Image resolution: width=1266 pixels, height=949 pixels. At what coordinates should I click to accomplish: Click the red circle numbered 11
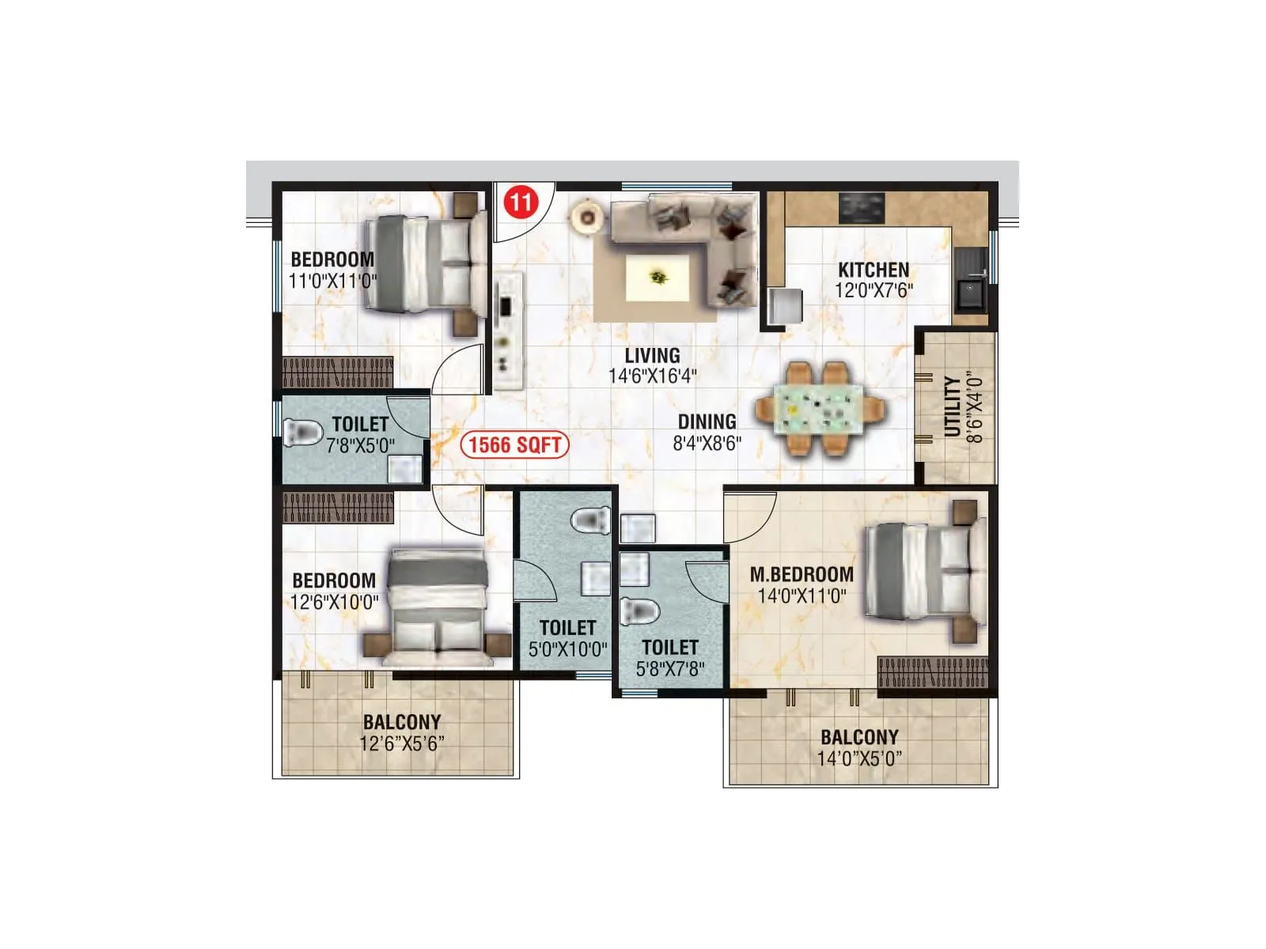point(520,202)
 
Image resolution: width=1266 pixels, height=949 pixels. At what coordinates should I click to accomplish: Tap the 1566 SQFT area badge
point(514,444)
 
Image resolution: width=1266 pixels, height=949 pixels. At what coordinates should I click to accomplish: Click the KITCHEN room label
point(873,269)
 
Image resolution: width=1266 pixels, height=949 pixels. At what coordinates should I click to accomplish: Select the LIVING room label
point(652,355)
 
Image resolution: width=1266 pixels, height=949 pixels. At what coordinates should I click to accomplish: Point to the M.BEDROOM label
point(801,574)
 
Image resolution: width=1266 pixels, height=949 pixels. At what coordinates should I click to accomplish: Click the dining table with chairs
point(819,409)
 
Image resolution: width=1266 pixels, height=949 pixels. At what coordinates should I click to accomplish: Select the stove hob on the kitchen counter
point(861,208)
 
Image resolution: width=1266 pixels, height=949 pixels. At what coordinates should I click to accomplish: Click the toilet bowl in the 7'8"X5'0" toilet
point(302,432)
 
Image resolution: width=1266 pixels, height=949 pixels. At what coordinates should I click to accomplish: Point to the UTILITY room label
point(952,406)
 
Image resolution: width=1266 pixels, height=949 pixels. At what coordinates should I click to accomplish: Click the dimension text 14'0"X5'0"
point(859,758)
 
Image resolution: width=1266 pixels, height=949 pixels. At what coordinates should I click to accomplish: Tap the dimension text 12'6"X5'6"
point(401,743)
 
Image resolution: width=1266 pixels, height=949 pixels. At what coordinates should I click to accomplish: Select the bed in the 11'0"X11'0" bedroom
point(426,264)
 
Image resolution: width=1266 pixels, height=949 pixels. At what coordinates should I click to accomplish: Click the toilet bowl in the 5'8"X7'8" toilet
point(639,611)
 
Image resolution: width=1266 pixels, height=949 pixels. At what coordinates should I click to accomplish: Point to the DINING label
point(707,422)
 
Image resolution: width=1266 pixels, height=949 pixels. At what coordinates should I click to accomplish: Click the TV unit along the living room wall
point(508,331)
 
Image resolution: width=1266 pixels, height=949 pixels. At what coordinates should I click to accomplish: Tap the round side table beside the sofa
point(587,217)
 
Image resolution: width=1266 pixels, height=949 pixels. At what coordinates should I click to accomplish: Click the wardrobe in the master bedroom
point(933,671)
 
